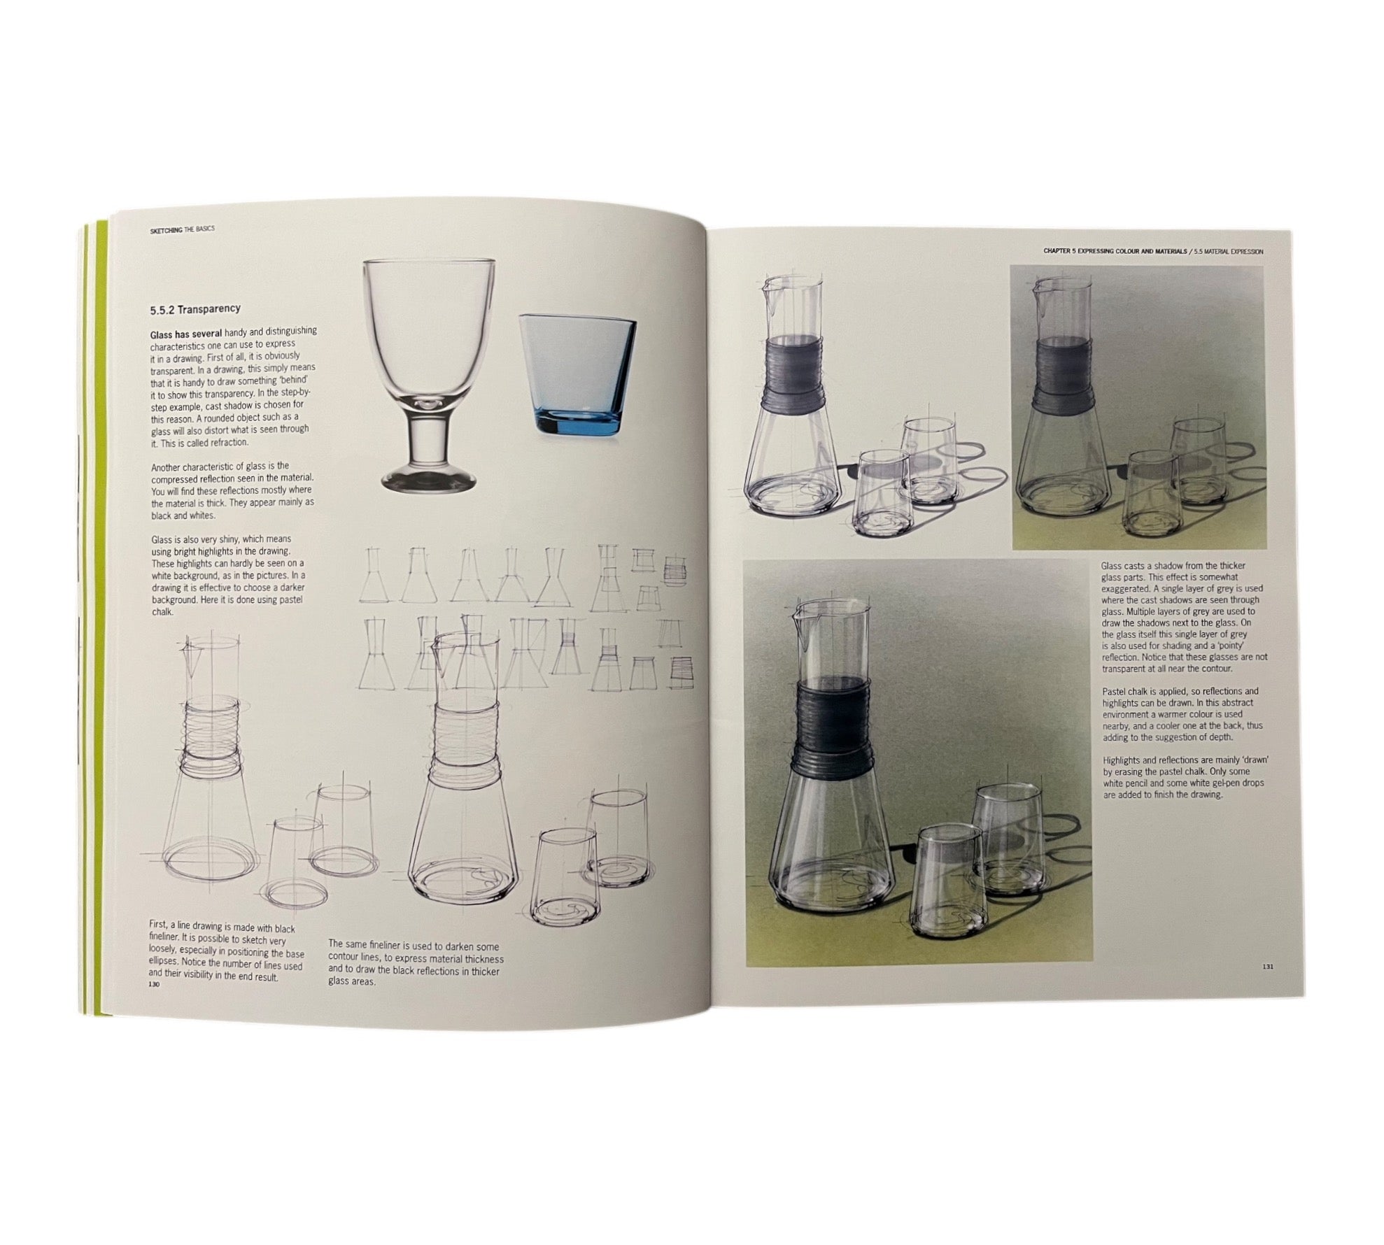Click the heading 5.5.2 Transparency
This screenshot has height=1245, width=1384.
195,308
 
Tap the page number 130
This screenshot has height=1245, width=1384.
155,984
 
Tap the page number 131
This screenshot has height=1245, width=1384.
1267,967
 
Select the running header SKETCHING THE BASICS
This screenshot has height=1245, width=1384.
182,229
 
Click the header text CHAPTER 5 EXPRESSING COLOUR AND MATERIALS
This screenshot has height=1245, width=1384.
1115,250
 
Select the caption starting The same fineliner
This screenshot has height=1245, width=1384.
416,962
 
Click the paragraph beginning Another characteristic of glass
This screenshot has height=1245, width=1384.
232,490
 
